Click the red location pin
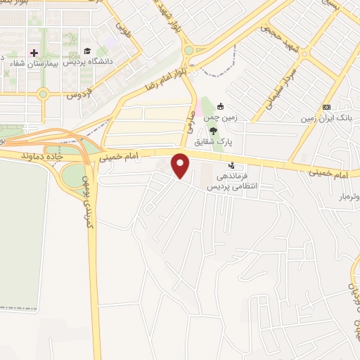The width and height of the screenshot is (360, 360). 181,165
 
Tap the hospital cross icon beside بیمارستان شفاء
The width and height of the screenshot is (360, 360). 33,53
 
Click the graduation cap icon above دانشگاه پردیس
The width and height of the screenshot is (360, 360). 87,51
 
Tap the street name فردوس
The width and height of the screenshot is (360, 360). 79,94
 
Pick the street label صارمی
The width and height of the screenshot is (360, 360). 189,120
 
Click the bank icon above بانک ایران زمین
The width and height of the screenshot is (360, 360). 326,107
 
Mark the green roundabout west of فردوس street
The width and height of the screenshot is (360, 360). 44,93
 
